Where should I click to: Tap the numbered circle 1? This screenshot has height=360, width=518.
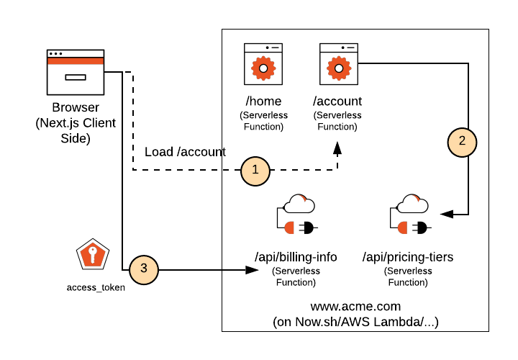tap(255, 170)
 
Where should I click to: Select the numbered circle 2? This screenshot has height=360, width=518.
tap(463, 141)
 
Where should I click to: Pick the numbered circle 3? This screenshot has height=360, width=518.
tap(143, 269)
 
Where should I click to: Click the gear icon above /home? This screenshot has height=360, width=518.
tap(263, 68)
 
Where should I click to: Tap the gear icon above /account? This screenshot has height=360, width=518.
tap(338, 68)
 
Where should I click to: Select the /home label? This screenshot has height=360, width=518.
tap(263, 102)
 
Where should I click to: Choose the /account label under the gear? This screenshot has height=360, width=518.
tap(337, 102)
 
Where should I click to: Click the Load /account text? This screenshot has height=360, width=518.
tap(185, 152)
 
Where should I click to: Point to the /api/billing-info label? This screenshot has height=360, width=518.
tap(295, 257)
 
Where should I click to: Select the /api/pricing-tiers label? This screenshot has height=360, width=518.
tap(408, 257)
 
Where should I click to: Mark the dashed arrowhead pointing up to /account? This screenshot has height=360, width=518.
tap(337, 148)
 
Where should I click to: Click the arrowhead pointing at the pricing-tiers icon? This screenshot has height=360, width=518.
tap(447, 213)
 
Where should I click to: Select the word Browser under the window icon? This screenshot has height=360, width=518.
tap(76, 108)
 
